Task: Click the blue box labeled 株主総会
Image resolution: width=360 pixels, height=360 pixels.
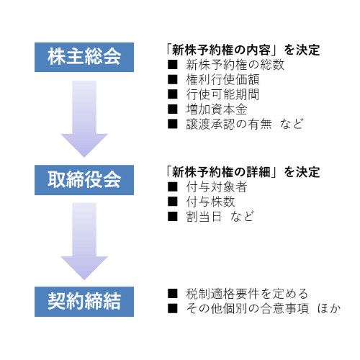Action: click(84, 57)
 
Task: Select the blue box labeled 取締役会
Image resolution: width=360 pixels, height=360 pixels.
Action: click(84, 180)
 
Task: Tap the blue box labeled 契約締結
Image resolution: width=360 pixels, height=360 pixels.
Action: click(84, 302)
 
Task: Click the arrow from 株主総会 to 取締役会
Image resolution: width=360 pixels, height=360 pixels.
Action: click(84, 119)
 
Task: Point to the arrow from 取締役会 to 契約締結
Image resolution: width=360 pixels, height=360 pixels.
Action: click(84, 241)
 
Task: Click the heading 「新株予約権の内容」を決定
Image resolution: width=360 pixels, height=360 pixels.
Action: click(243, 50)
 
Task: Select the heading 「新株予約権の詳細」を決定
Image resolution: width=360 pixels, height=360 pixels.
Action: click(243, 172)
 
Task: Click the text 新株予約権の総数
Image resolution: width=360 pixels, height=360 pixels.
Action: click(235, 65)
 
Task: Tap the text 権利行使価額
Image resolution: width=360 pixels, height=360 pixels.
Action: click(222, 79)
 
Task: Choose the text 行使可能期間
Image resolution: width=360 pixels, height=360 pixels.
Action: click(222, 94)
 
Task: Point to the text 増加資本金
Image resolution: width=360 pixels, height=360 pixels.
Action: click(217, 109)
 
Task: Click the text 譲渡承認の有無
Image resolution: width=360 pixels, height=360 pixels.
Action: click(229, 124)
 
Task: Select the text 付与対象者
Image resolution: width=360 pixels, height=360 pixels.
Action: click(217, 187)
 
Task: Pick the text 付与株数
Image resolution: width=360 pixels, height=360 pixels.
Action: click(210, 202)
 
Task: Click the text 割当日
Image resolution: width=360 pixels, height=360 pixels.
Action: click(204, 217)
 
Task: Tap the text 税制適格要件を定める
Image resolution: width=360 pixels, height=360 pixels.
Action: click(247, 294)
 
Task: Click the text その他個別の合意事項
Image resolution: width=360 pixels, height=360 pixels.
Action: click(248, 308)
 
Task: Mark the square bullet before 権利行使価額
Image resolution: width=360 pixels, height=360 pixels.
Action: click(173, 79)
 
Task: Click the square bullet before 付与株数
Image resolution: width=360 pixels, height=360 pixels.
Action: click(173, 202)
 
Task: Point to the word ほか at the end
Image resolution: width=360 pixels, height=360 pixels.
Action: click(329, 308)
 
